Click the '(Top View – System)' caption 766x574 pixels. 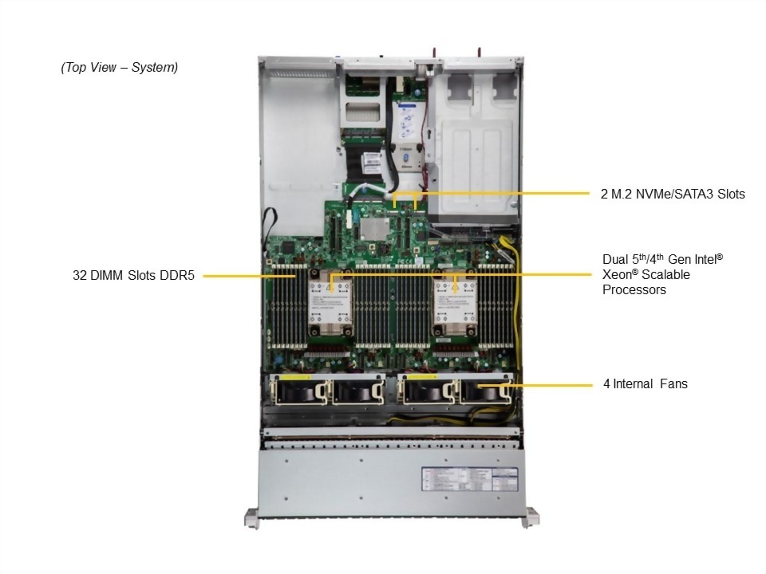click(119, 68)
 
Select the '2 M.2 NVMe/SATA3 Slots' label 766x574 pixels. click(673, 194)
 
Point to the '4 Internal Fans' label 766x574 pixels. click(645, 384)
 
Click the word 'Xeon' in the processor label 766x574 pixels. click(618, 274)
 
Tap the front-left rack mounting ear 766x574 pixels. click(251, 518)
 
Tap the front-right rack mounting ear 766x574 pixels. click(529, 518)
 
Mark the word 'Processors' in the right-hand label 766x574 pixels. click(634, 290)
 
